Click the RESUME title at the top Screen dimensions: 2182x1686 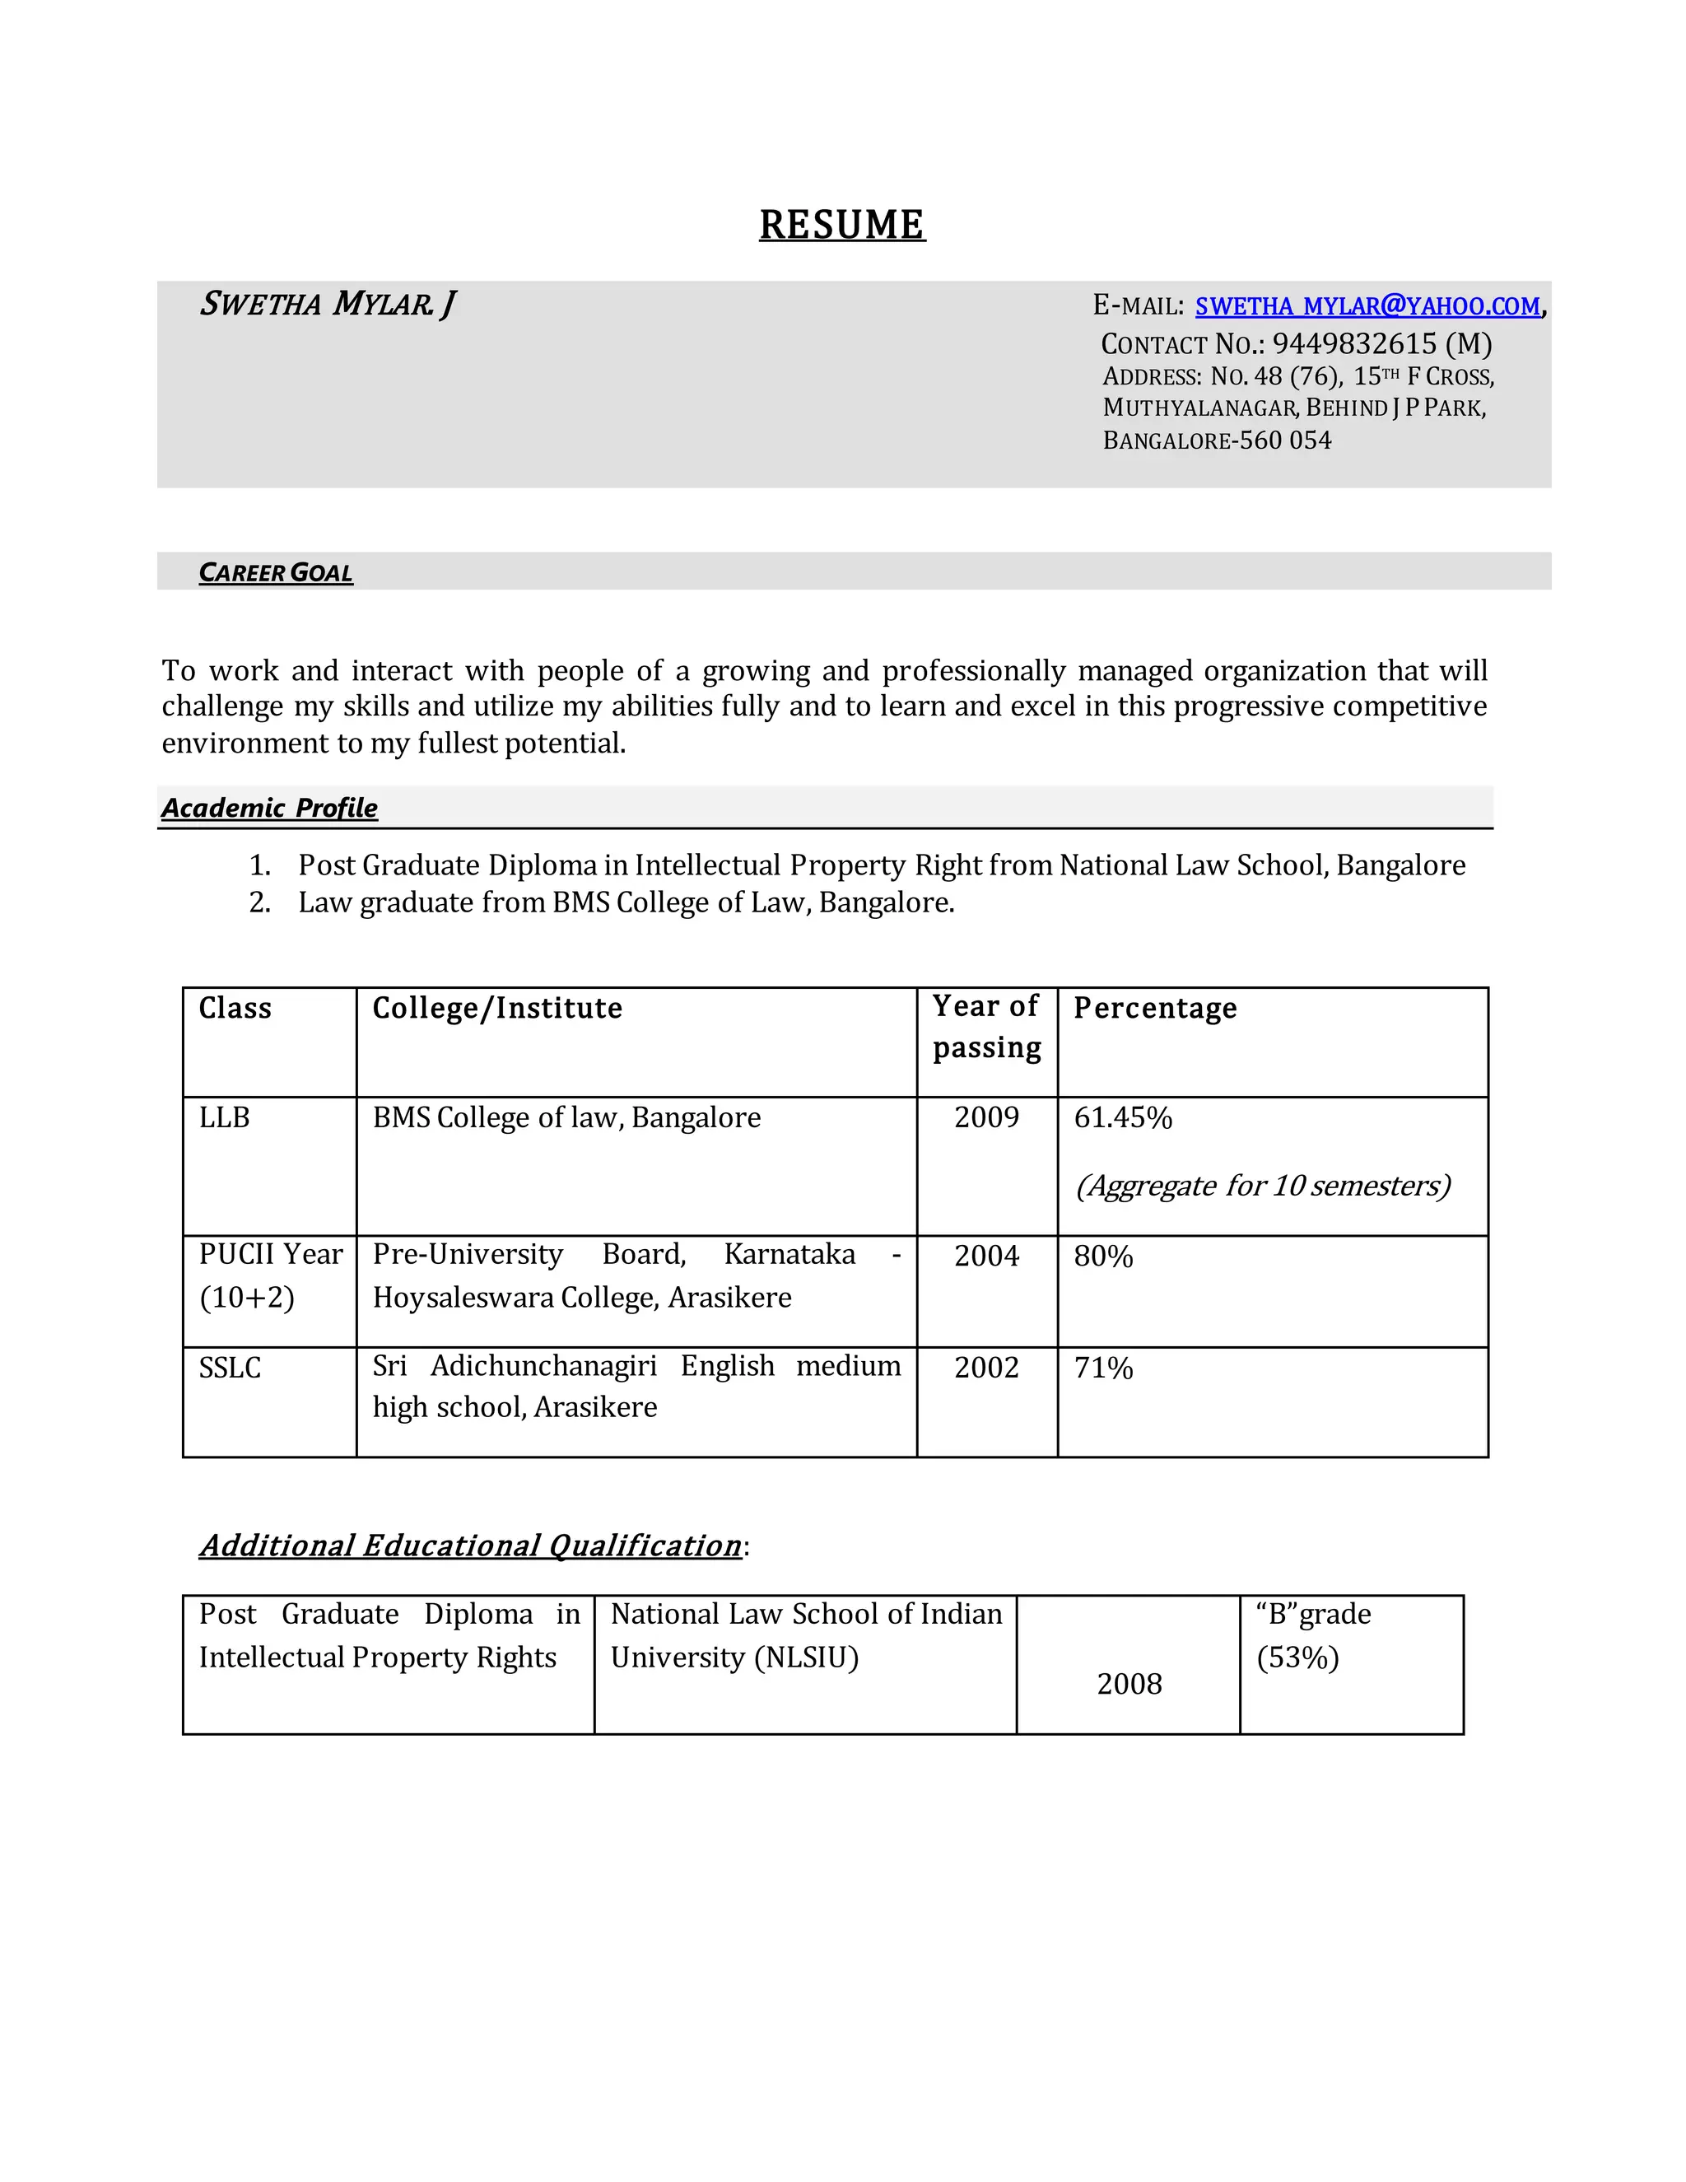842,225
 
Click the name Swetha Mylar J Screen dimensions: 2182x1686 328,304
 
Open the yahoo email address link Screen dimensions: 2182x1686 1367,307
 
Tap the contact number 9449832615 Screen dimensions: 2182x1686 1353,343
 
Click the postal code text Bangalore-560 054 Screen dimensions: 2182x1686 1217,441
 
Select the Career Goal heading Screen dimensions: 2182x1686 276,572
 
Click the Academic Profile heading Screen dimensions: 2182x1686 270,807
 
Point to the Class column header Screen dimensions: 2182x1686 235,1008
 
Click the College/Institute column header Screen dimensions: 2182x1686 497,1008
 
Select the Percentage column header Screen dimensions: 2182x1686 1155,1008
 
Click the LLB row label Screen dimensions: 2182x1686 224,1117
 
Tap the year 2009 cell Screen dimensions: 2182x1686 985,1117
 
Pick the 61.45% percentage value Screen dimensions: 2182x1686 1123,1117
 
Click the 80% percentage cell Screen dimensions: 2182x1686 1102,1256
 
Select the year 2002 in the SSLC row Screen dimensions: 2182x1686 985,1367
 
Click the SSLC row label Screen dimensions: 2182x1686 230,1367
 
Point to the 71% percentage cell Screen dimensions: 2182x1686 1102,1367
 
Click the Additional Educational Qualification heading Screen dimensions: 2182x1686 470,1546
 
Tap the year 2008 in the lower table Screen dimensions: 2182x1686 1129,1684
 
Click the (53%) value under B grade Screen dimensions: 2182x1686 1297,1657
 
